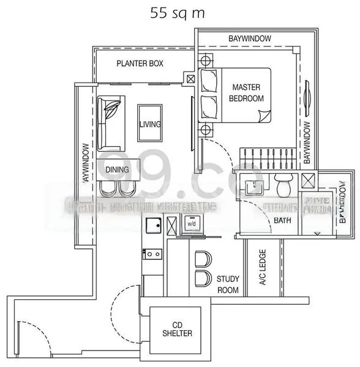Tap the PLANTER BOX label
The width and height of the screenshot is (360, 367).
[140, 63]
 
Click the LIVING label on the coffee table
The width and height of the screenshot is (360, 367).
[149, 124]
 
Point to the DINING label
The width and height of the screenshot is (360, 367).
[117, 169]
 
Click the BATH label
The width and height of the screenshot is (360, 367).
[282, 220]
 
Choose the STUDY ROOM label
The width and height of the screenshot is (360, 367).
[228, 284]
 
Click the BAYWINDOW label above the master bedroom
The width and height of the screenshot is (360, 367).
[249, 39]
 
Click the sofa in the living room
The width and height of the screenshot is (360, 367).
[110, 122]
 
